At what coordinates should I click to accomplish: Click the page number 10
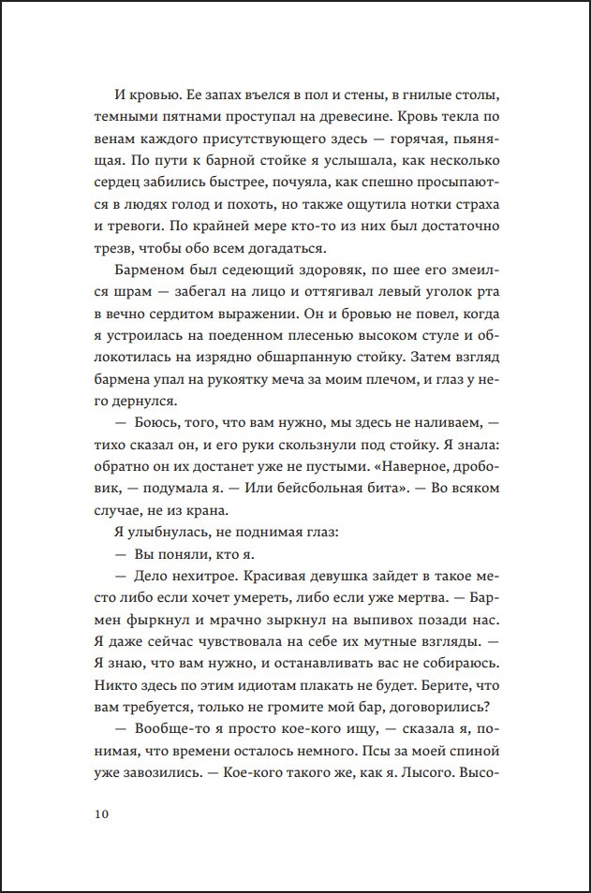pos(101,812)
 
